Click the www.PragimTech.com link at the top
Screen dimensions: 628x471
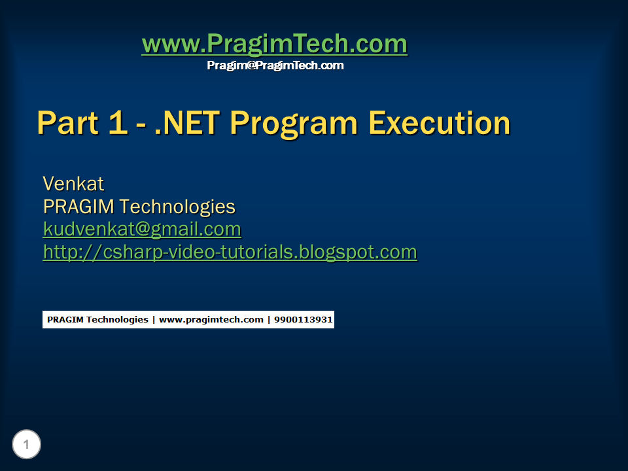point(274,44)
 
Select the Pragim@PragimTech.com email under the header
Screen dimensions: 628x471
point(275,65)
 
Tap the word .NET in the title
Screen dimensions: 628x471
point(187,123)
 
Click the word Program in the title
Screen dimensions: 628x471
point(294,124)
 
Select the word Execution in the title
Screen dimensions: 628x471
point(440,123)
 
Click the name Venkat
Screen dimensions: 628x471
point(74,184)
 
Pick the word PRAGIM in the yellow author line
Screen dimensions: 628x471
point(78,207)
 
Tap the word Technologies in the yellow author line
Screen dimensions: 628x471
point(177,207)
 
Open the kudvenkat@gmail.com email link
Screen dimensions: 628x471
point(142,230)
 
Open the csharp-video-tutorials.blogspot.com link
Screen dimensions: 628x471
point(230,253)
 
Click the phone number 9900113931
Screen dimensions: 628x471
point(303,320)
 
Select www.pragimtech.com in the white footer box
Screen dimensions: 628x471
point(211,320)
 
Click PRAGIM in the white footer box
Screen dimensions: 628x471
point(65,320)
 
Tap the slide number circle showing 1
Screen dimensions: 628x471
point(26,444)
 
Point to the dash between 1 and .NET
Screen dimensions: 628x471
point(141,124)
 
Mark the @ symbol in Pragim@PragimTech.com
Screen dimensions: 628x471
point(251,65)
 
